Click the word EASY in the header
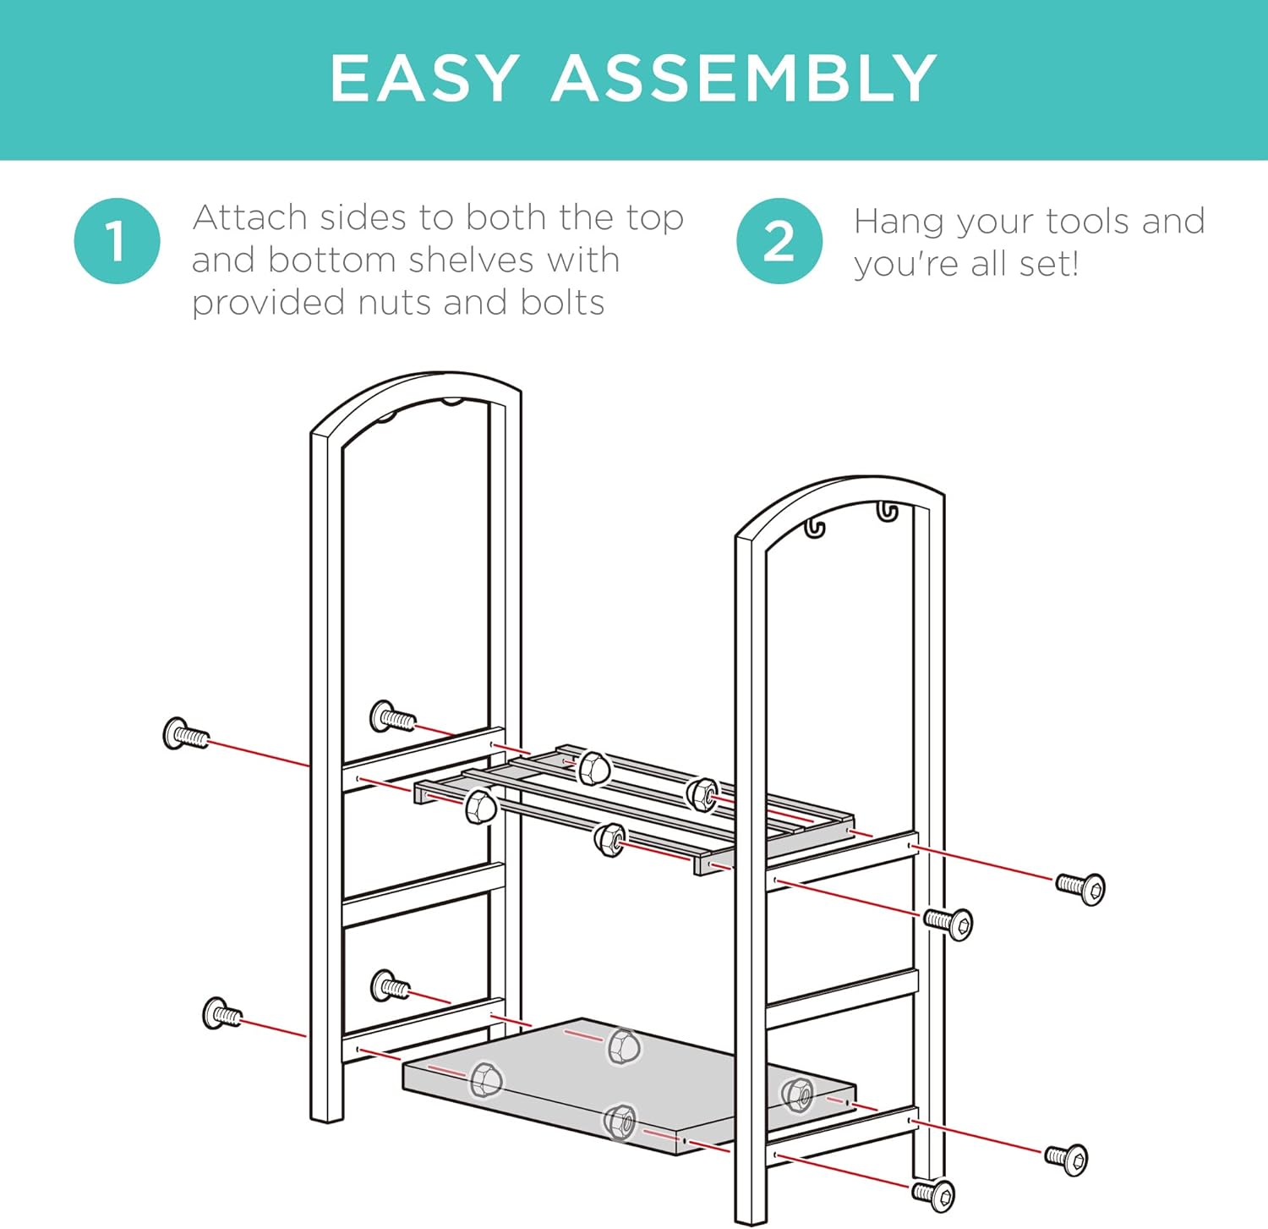424,78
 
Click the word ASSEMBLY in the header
745,78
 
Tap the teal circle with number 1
117,240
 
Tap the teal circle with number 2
779,240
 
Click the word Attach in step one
249,217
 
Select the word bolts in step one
562,302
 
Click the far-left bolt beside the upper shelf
185,734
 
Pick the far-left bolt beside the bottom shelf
222,1012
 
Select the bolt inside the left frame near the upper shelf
392,717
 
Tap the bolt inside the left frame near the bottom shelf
390,986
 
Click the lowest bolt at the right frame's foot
934,1194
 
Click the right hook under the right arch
886,511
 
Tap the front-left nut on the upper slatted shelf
480,805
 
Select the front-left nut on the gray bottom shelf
486,1080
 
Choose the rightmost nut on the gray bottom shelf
796,1095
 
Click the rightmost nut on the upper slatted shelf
702,793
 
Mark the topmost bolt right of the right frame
1081,888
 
